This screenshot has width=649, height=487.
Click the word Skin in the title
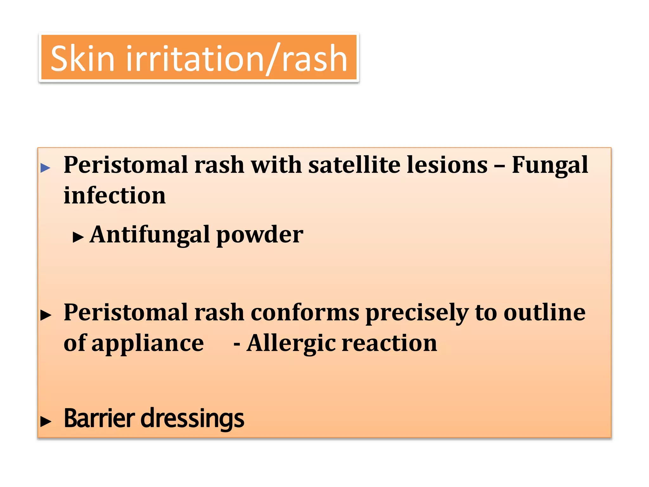pos(82,58)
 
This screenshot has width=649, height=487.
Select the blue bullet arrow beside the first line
pos(46,168)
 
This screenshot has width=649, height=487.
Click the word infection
pos(115,195)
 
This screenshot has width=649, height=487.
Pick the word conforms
pos(305,313)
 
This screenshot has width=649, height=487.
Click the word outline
pos(544,313)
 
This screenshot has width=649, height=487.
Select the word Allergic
pos(291,344)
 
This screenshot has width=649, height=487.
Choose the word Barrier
pos(100,418)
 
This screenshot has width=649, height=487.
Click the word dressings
pos(192,419)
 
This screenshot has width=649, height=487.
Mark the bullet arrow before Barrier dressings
pos(46,421)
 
